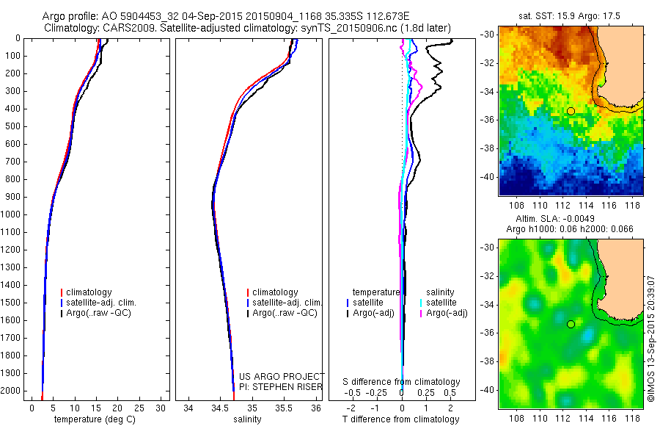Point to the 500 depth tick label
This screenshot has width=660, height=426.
(12, 126)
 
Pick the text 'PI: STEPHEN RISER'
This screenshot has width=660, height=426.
(282, 386)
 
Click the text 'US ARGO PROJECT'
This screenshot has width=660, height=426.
(282, 376)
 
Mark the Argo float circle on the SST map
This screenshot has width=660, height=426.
(571, 111)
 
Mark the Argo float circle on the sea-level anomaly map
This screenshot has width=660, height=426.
(571, 324)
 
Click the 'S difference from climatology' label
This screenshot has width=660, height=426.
(402, 382)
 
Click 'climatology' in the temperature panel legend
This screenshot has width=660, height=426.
(91, 292)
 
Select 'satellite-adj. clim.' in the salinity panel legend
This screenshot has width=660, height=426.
(287, 303)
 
